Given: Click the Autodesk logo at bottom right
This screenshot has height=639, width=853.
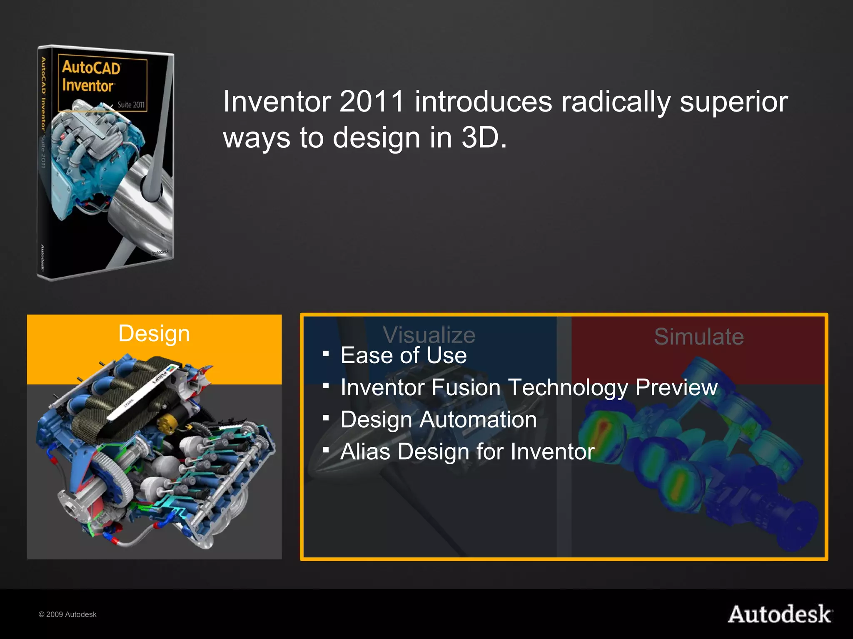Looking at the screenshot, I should [x=780, y=614].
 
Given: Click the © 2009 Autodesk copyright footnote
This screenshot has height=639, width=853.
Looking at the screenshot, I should [x=67, y=614].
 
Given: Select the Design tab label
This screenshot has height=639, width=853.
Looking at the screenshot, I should [x=154, y=333].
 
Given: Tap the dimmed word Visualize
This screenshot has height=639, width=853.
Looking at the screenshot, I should [x=429, y=335].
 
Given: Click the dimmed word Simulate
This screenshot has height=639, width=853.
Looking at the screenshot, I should [x=698, y=336].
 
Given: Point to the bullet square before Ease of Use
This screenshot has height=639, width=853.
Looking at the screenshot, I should [x=326, y=354].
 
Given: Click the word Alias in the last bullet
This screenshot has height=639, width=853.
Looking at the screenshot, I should [x=365, y=451].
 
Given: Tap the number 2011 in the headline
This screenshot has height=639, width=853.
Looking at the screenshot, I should [x=372, y=102].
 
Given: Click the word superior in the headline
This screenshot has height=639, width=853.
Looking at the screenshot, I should [x=733, y=102].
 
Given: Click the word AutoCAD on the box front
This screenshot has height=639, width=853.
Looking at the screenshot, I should [x=91, y=68].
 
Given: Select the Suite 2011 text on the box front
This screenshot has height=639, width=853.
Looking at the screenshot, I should [x=131, y=105].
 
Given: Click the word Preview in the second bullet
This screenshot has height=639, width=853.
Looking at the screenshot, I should [x=676, y=387].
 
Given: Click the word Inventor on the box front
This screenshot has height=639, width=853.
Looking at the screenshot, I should [x=87, y=86].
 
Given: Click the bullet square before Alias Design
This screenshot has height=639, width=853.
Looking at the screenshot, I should [x=326, y=450].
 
